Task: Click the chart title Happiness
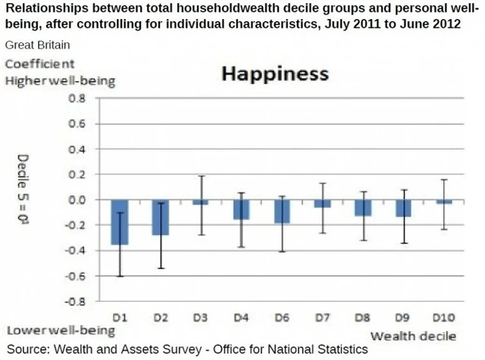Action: click(274, 74)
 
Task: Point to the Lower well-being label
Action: click(61, 331)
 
